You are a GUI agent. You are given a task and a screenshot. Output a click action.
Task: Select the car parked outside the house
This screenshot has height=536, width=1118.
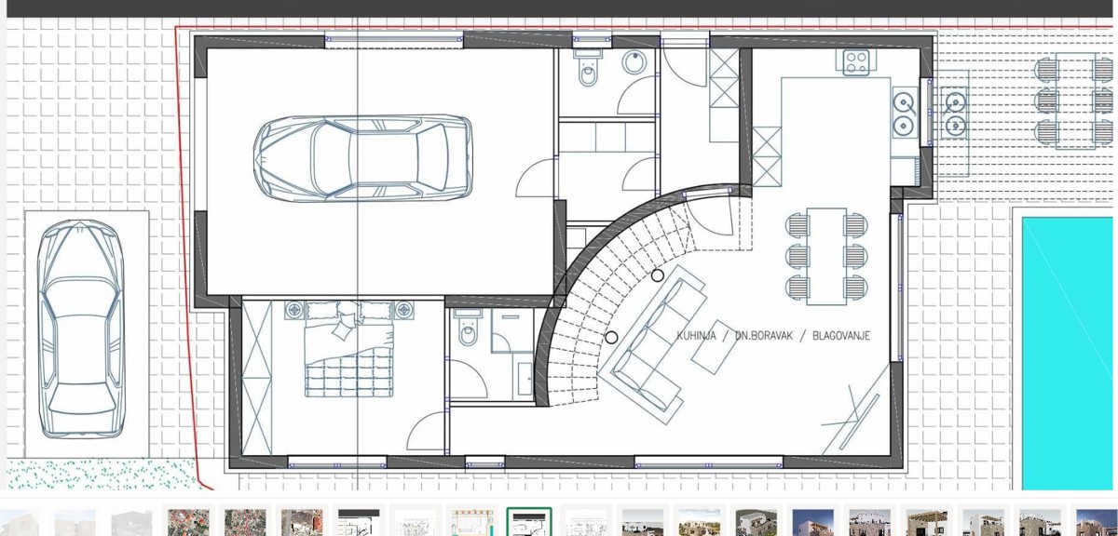coord(80,330)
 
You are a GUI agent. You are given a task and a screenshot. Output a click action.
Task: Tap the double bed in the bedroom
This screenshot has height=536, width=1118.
coord(347,358)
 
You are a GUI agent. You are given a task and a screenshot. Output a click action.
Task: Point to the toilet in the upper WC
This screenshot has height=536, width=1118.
coord(589,70)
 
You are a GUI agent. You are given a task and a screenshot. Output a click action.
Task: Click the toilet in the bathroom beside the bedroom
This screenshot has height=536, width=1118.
coord(468,328)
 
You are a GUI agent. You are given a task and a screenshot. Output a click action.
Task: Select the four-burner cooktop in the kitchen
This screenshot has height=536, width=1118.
coord(857,62)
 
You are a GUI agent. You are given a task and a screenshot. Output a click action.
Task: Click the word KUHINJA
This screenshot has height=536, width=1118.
coord(697,336)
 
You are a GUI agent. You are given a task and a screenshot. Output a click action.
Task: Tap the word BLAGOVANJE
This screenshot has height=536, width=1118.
coord(841,336)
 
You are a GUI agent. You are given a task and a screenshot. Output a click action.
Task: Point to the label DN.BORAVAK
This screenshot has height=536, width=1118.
coord(763,336)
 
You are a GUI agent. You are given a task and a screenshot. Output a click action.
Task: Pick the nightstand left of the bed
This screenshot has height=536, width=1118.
coord(294,309)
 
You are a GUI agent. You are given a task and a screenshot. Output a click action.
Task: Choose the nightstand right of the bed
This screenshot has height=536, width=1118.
coord(403,309)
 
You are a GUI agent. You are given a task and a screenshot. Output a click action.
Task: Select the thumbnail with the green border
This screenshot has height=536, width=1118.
coord(529,522)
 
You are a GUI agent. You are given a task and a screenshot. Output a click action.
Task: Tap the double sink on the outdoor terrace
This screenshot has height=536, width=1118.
coord(954,112)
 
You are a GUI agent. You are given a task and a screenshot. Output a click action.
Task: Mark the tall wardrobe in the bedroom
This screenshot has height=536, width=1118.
coord(257,377)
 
